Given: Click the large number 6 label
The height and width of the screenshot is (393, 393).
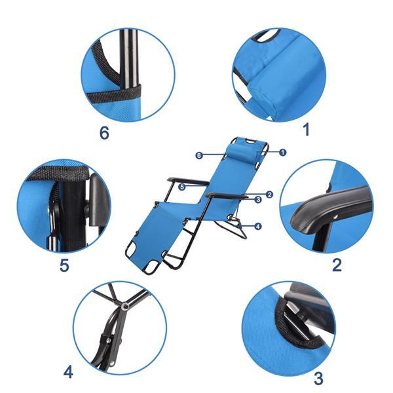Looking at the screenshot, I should pyautogui.click(x=103, y=133).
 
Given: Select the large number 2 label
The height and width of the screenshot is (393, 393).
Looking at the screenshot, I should pyautogui.click(x=337, y=265).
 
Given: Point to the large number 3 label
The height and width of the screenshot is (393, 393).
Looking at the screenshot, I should pyautogui.click(x=319, y=378).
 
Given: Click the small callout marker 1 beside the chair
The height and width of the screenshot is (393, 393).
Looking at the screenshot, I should pyautogui.click(x=282, y=152).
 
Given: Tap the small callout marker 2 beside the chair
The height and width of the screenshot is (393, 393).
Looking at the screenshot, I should pyautogui.click(x=269, y=194).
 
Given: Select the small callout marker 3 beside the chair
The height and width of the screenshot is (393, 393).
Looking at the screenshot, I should pyautogui.click(x=258, y=199).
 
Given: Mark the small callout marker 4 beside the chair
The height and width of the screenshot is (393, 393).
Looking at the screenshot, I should pyautogui.click(x=258, y=227).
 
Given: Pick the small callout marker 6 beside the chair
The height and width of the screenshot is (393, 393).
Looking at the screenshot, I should pyautogui.click(x=198, y=155).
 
